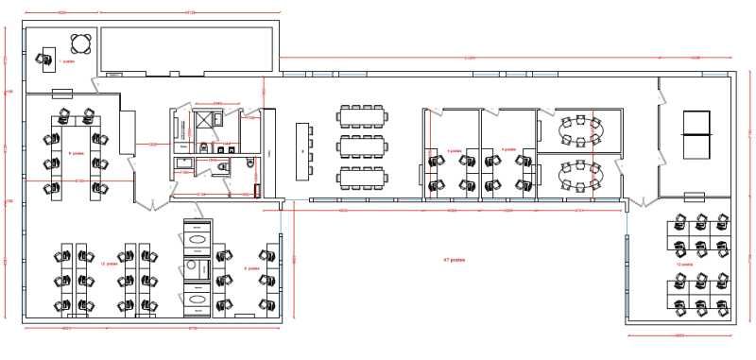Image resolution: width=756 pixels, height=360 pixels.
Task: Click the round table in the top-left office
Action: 81,43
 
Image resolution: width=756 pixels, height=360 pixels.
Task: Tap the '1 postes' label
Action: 66,61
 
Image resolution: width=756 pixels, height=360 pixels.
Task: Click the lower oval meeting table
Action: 577,174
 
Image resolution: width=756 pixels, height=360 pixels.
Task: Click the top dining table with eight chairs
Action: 362,116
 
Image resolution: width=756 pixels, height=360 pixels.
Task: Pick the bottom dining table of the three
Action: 362,177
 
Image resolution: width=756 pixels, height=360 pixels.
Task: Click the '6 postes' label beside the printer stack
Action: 251,268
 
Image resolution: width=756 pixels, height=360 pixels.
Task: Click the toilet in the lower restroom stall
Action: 222,166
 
